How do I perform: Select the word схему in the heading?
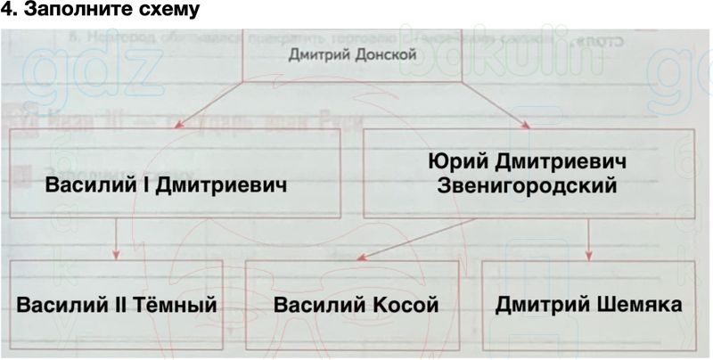[x=160, y=12]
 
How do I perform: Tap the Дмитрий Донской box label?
[x=354, y=56]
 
